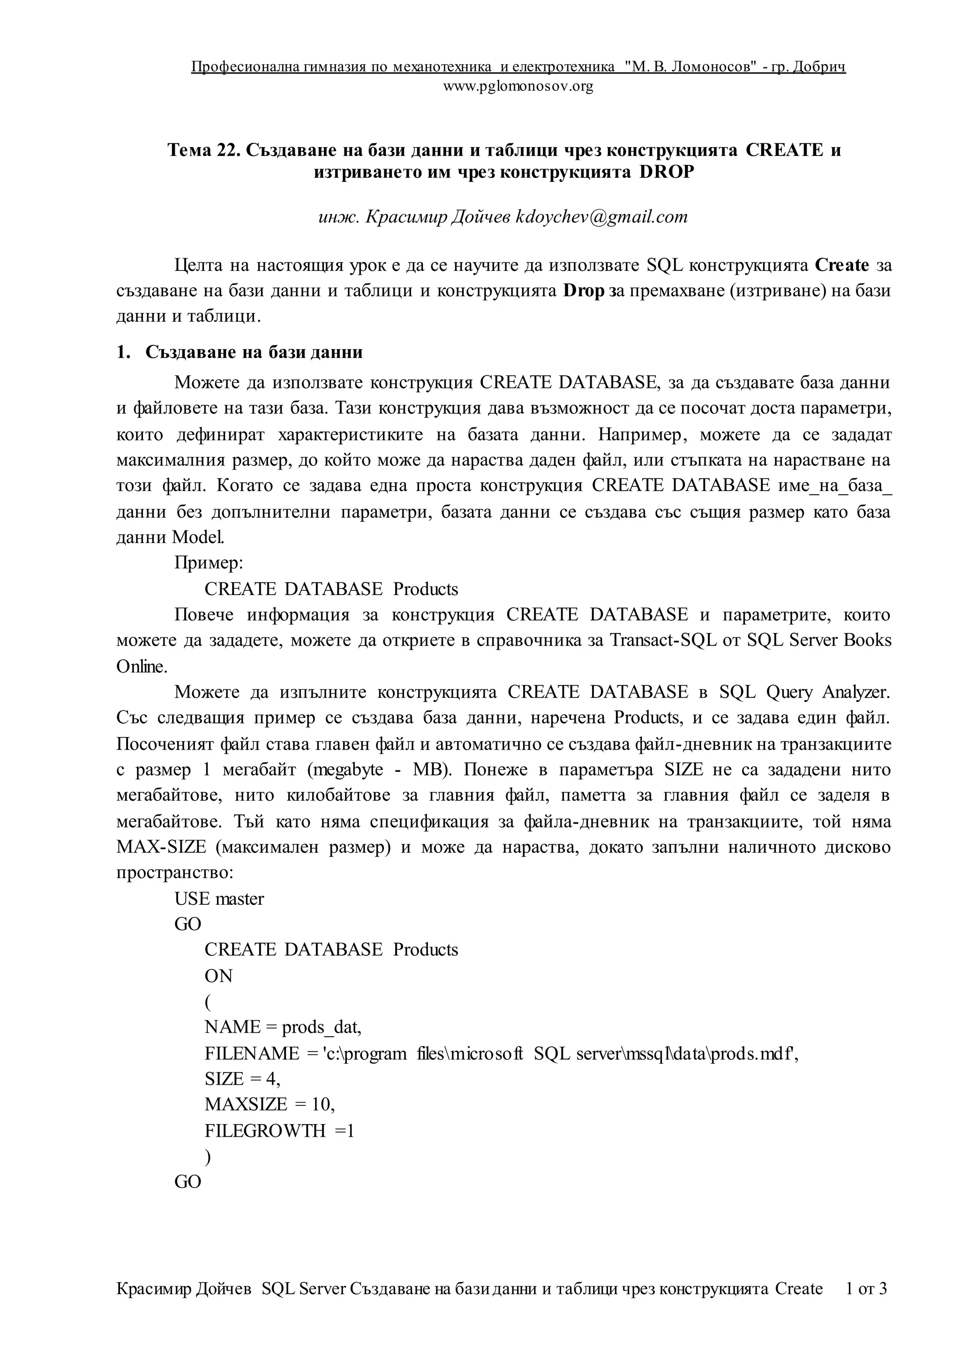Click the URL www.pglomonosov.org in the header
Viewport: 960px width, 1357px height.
click(x=518, y=87)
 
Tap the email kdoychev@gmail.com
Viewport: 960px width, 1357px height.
click(x=602, y=217)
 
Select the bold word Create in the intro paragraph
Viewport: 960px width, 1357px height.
click(x=842, y=265)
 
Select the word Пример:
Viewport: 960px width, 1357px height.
click(x=209, y=563)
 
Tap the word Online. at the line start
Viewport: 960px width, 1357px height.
click(x=142, y=666)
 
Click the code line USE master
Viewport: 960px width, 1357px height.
click(x=219, y=899)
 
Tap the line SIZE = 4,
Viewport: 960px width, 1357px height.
click(x=242, y=1079)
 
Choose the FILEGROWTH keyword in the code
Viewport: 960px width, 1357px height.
click(x=265, y=1130)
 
